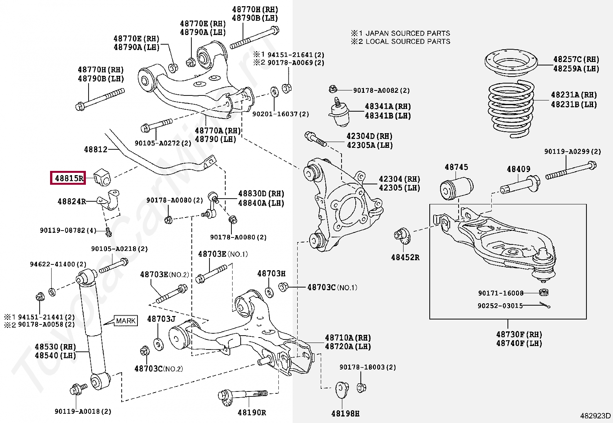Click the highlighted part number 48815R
tap(69, 178)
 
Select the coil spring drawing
tap(511, 109)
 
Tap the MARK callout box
tap(126, 320)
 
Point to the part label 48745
tap(456, 167)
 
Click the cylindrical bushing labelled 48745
tap(456, 188)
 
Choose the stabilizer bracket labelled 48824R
tap(109, 200)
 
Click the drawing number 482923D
tap(596, 416)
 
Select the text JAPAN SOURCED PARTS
tap(408, 33)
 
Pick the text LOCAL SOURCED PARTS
tap(408, 42)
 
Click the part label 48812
tap(95, 149)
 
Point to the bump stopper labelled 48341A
tap(339, 112)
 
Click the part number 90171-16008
tap(501, 293)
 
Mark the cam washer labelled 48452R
tap(402, 236)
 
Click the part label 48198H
tap(345, 413)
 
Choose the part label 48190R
tap(252, 412)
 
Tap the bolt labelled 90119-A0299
tap(571, 171)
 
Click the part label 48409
tap(518, 169)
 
